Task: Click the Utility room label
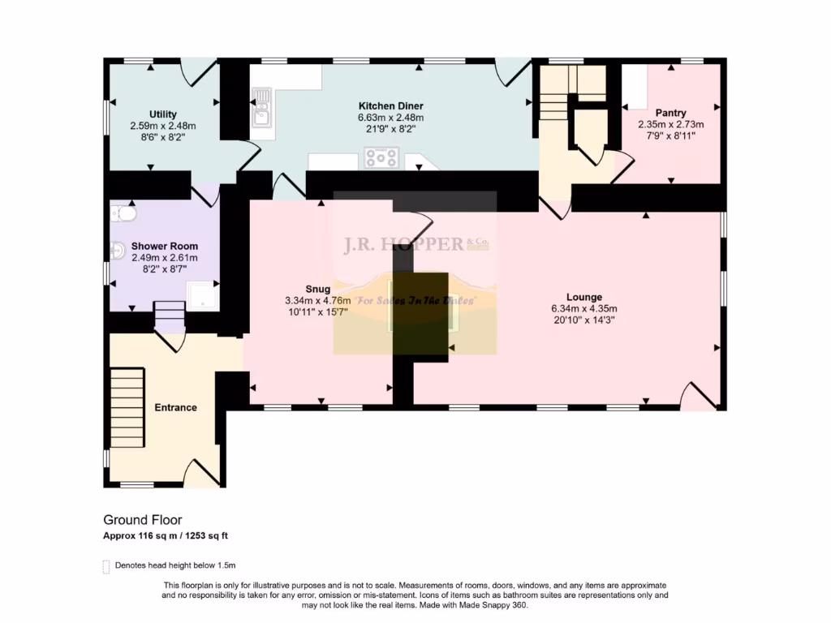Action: click(x=162, y=114)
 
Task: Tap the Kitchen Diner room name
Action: click(x=390, y=106)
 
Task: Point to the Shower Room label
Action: click(x=165, y=247)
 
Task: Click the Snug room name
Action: click(x=317, y=289)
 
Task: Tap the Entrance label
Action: click(x=175, y=407)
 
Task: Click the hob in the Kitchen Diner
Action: click(x=381, y=157)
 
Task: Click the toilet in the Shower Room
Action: click(x=124, y=213)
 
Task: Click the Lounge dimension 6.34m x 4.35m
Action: click(x=584, y=308)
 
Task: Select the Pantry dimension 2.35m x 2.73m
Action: click(x=670, y=124)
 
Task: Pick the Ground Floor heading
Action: click(x=142, y=520)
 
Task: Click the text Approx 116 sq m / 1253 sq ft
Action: click(x=170, y=536)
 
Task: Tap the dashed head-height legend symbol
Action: click(x=105, y=566)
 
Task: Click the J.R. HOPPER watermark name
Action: click(x=403, y=244)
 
